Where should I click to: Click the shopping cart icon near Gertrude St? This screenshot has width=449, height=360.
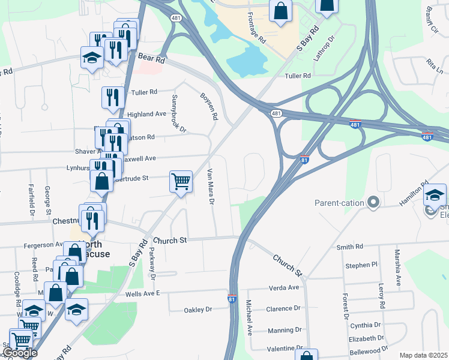(181, 181)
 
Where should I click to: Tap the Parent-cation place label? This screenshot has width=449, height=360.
(339, 203)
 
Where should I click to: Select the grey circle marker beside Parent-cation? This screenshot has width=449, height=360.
(373, 202)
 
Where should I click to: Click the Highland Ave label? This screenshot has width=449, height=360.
(146, 114)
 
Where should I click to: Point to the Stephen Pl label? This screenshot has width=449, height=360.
(361, 265)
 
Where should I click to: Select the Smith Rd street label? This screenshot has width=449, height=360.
(350, 247)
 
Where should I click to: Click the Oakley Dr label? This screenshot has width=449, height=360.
(199, 310)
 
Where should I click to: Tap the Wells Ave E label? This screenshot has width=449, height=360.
(142, 293)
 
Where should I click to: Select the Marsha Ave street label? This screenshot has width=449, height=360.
(397, 268)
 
